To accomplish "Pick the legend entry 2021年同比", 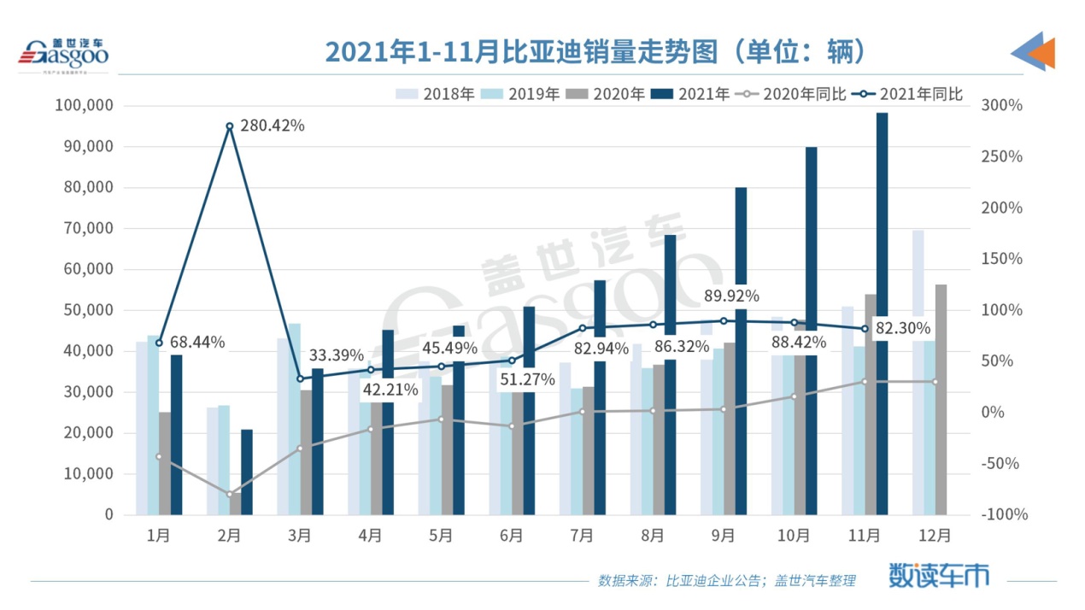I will point(911,94).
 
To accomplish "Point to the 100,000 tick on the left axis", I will point(83,106).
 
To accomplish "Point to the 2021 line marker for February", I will point(230,126).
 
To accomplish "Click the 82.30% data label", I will point(902,328).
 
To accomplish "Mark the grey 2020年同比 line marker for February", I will point(230,494).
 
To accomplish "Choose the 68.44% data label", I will point(196,343).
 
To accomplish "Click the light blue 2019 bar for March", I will point(294,419).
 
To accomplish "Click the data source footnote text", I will point(726,581).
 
